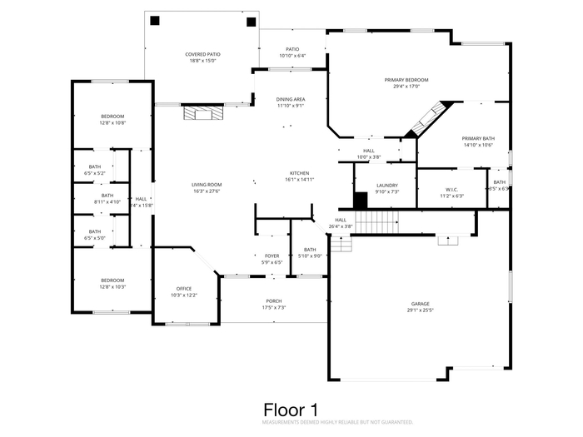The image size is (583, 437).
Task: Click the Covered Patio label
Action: click(201, 55)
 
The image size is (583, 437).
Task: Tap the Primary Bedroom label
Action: click(401, 80)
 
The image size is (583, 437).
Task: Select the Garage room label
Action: click(420, 304)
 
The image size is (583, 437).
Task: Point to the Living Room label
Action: click(207, 185)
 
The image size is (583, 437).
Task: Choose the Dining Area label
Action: click(291, 100)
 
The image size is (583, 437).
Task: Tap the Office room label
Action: click(183, 289)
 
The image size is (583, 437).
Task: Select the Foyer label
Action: click(272, 256)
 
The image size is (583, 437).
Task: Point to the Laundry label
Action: click(386, 186)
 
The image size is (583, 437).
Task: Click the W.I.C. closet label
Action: click(452, 190)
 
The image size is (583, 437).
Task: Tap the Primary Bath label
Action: click(478, 138)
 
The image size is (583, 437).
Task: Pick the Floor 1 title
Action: click(291, 410)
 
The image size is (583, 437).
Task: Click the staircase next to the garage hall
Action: click(382, 222)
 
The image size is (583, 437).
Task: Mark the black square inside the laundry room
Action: click(361, 201)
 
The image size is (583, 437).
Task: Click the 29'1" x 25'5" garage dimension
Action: click(420, 310)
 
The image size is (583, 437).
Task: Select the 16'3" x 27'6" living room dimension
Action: click(207, 191)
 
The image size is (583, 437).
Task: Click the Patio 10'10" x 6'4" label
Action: click(292, 52)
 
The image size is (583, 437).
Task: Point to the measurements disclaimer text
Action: click(337, 423)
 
